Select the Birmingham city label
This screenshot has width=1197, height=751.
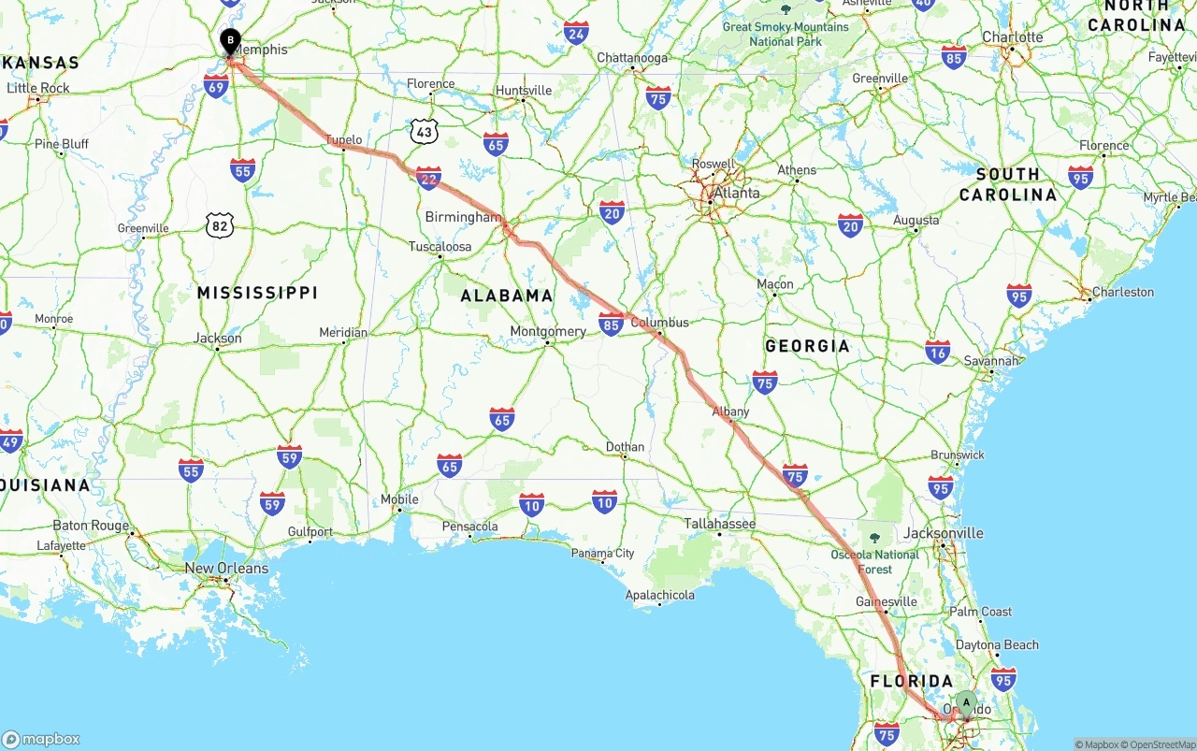463,217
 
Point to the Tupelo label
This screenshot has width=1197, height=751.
343,140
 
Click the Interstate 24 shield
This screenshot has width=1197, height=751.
576,35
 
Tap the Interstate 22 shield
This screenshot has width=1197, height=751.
428,178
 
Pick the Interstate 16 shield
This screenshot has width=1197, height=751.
937,351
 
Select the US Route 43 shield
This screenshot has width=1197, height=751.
425,132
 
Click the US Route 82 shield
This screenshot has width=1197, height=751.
219,224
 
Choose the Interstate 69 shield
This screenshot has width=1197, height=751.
216,86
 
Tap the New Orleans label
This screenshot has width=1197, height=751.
226,569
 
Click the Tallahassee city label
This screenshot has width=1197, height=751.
719,524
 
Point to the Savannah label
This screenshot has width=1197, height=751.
992,361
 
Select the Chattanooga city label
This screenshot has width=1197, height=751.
632,58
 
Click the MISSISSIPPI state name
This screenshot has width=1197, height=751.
257,293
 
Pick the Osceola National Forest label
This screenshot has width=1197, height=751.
874,561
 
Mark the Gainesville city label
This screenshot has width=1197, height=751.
887,601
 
